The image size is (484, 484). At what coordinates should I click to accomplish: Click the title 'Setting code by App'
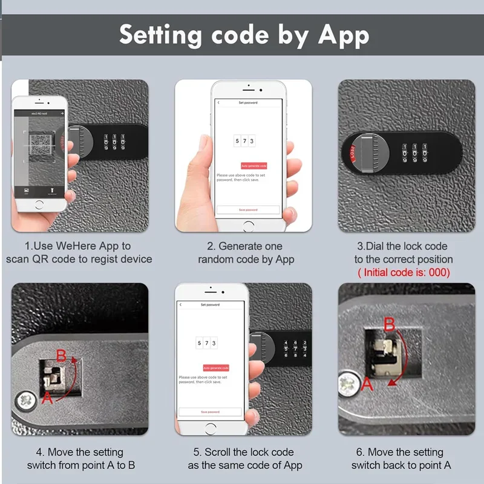(244, 36)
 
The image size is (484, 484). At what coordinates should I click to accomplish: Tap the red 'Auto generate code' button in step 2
(253, 166)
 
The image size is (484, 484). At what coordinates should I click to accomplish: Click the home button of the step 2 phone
(248, 224)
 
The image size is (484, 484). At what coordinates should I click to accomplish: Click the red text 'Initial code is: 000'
(404, 272)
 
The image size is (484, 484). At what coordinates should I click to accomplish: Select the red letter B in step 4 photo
(60, 356)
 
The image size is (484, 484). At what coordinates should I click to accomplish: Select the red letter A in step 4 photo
(47, 398)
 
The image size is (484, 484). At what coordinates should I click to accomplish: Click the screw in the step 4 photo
(25, 401)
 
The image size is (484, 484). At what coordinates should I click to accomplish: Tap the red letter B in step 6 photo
(390, 325)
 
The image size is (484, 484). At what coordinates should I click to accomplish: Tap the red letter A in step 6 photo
(367, 383)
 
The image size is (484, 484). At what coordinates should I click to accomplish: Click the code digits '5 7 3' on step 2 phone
(244, 141)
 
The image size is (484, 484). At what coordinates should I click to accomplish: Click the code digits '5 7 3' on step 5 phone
(207, 343)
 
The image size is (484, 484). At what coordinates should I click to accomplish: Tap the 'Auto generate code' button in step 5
(215, 368)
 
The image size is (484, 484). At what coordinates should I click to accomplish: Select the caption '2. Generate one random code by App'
(246, 253)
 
